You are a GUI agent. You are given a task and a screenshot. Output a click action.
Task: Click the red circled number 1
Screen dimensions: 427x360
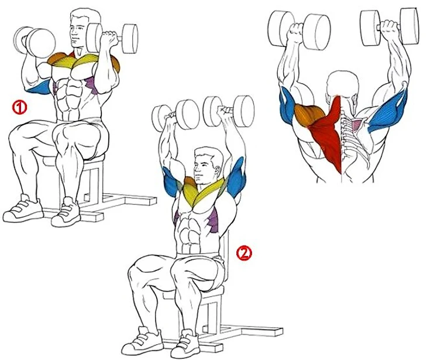click(x=19, y=107)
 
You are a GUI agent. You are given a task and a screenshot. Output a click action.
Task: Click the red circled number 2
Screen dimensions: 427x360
click(x=244, y=253)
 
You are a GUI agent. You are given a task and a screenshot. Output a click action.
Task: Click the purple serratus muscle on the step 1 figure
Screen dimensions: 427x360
click(x=92, y=85)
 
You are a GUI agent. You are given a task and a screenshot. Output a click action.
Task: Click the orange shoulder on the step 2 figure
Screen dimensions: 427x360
click(x=190, y=182)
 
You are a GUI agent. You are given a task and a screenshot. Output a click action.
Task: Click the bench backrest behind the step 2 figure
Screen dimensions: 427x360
click(x=226, y=259)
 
